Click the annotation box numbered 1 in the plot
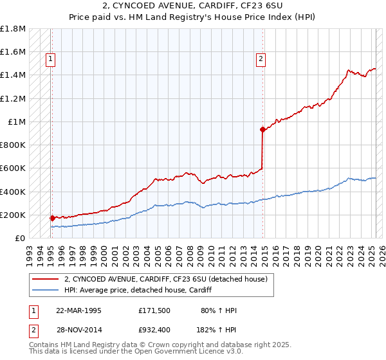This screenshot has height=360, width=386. [x=50, y=60]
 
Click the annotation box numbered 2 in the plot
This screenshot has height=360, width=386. [x=261, y=60]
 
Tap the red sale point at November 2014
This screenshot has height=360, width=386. [x=262, y=129]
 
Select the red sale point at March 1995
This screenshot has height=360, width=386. [x=52, y=218]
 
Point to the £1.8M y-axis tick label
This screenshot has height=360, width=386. [x=13, y=29]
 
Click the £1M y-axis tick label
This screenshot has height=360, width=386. [x=17, y=122]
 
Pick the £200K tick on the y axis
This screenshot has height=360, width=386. [x=13, y=215]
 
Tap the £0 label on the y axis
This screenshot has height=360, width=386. [x=21, y=238]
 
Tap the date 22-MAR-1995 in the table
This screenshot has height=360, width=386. [x=78, y=310]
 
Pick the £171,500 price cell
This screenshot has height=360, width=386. [x=154, y=310]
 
